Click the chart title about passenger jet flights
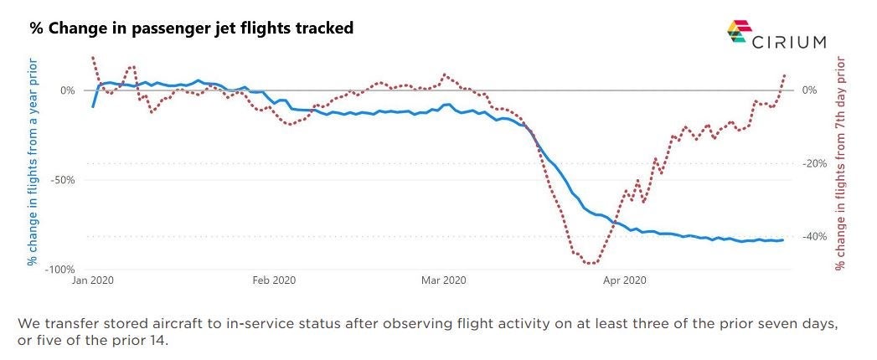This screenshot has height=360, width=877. (x=192, y=28)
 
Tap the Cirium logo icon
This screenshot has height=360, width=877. (x=737, y=32)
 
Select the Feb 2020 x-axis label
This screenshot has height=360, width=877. (x=274, y=280)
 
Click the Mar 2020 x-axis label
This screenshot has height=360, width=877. (x=443, y=280)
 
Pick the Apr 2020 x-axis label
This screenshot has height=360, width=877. (x=624, y=280)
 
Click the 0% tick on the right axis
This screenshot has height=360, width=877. (x=809, y=90)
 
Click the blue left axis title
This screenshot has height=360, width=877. (x=33, y=162)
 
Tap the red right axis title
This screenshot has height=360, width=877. (x=842, y=163)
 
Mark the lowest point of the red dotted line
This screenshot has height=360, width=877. (x=591, y=264)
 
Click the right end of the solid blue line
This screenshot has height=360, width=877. (x=782, y=240)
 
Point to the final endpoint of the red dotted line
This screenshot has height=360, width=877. (x=785, y=75)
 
